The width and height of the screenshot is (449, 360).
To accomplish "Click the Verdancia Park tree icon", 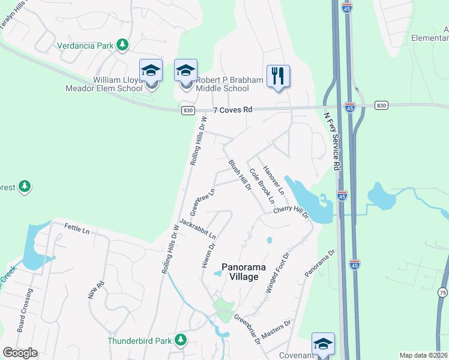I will coord(122,44).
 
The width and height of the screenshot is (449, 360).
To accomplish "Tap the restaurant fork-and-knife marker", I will coord(278,76).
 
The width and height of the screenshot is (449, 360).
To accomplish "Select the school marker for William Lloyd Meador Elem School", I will coord(151,71).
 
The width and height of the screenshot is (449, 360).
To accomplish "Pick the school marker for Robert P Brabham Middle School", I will coord(185,71).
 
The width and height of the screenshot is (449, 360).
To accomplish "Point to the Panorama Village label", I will coord(240,271).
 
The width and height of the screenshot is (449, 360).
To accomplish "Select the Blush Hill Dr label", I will coord(239,175).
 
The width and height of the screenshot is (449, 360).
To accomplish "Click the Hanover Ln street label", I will coord(273,176).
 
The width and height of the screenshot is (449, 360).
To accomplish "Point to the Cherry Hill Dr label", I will coord(291,211).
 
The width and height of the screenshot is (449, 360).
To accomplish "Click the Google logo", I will coord(20,353).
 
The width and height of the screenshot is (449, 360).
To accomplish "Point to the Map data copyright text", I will coord(423,355).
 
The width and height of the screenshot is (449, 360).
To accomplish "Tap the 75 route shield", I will coord(443,292).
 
